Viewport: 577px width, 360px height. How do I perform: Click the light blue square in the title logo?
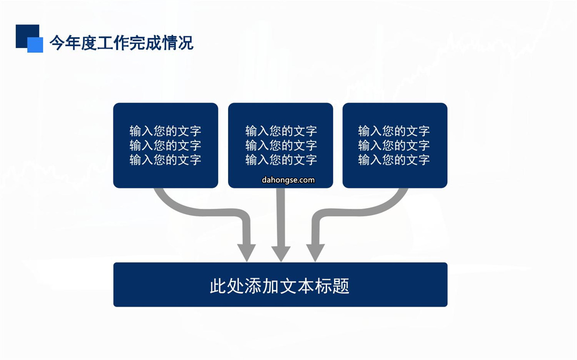(35, 45)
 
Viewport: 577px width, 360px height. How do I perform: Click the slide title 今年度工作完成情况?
(121, 43)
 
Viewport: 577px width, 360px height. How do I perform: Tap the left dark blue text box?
(166, 145)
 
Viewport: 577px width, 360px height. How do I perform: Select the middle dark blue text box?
(280, 145)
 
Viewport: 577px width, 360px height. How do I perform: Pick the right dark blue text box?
(395, 145)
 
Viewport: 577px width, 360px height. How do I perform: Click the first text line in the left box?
(165, 131)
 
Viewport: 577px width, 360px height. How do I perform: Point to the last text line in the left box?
(165, 160)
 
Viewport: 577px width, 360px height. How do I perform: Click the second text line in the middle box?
(281, 145)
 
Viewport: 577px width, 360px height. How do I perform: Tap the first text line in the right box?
(394, 131)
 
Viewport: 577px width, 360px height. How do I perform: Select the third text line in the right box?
(394, 160)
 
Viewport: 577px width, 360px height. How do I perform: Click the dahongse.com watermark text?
(288, 180)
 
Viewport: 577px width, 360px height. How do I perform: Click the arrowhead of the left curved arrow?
(246, 253)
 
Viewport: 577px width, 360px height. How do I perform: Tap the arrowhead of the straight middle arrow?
(281, 254)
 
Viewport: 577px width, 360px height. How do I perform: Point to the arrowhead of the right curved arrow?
(315, 253)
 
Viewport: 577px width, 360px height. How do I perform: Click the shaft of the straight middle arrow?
(281, 217)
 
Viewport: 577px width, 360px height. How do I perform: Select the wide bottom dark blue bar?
(280, 285)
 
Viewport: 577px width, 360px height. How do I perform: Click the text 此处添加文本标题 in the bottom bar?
(279, 286)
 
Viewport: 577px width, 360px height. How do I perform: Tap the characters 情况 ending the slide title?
(178, 43)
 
